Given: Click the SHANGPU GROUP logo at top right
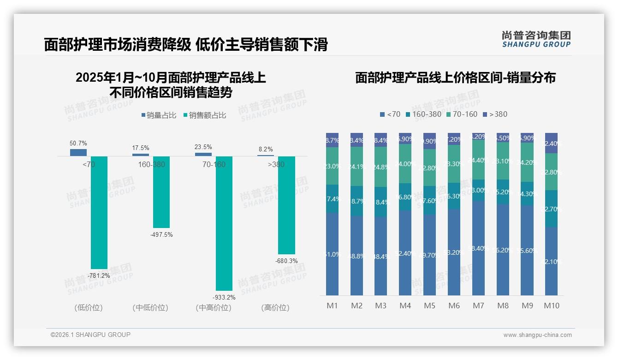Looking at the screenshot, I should click(536, 39).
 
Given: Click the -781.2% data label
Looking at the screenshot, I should click(99, 276).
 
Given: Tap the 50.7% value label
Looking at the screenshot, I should click(78, 143).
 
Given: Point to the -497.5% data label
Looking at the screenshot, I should click(161, 234).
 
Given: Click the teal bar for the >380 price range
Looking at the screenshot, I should click(286, 205).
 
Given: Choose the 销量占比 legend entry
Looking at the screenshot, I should click(159, 115).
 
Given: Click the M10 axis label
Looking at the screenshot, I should click(551, 306).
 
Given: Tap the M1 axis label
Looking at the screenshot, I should click(332, 306).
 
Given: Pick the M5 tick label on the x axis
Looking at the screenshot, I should click(429, 306).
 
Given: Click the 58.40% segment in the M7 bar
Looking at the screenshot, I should click(478, 248).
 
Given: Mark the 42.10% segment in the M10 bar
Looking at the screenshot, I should click(551, 261).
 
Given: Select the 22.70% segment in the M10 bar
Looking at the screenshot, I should click(551, 209).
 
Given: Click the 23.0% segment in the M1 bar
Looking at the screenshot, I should click(332, 166).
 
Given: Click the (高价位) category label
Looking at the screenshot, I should click(275, 307).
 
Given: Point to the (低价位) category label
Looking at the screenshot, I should click(89, 307).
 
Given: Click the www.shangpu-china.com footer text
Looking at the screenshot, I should click(537, 335).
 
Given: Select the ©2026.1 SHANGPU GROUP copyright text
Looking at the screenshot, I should click(90, 335).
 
